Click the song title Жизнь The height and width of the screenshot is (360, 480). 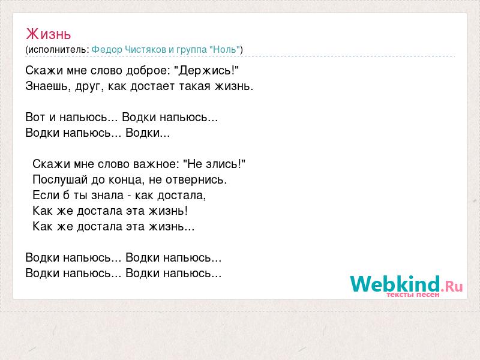point(49,34)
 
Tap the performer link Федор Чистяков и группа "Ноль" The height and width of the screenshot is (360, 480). point(166,50)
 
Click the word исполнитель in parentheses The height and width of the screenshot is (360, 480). point(58,50)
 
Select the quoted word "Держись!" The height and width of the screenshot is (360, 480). point(206,71)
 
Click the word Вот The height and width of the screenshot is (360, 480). point(35,117)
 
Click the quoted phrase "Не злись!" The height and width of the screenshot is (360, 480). point(214,164)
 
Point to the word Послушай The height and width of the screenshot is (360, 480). point(60,179)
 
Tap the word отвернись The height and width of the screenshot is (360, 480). point(196,180)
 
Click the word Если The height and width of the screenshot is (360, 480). point(47,196)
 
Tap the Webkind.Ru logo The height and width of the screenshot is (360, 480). point(406,286)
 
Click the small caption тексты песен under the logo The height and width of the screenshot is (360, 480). point(413,295)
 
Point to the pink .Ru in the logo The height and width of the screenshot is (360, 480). point(452,286)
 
